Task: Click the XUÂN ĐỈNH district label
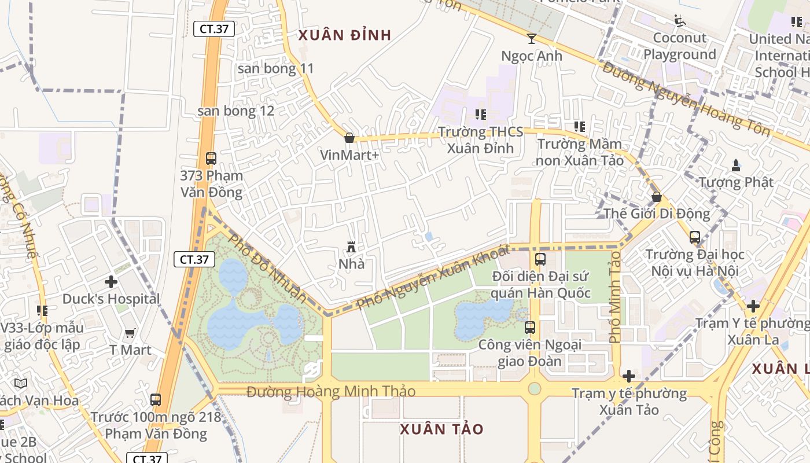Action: coord(345,35)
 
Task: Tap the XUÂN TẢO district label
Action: coord(441,429)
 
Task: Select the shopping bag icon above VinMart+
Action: coord(349,138)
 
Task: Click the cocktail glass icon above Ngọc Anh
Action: coord(531,39)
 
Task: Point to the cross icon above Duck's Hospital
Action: coord(111,282)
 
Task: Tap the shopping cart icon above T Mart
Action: coord(130,333)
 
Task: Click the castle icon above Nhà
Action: coord(351,247)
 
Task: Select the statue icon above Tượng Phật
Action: coord(736,166)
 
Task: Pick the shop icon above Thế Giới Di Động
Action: coord(657,197)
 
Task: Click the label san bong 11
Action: coord(276,68)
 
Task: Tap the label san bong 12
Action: coord(236,111)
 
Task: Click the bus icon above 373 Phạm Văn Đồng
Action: coord(211,158)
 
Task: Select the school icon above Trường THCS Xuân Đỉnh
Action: coord(480,115)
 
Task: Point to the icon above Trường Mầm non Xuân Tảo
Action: coord(579,127)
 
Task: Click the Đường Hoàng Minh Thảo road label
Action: coord(331,392)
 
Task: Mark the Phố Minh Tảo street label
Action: coord(615,296)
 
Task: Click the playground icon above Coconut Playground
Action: coord(680,21)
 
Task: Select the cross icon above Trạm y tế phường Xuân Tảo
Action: coord(629,376)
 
